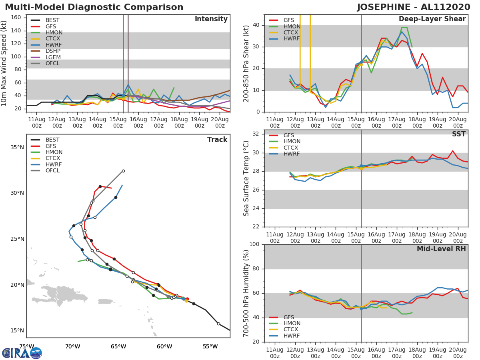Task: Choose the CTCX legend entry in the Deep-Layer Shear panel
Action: pos(291,32)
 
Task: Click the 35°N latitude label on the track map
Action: pos(17,147)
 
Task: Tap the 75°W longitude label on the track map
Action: pos(26,346)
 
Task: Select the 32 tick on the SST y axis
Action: pos(257,134)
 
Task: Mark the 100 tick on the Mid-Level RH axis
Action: pos(255,244)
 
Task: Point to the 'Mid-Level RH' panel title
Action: pos(441,249)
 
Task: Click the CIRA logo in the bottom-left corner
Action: pos(22,353)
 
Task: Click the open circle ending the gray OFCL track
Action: pos(123,171)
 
